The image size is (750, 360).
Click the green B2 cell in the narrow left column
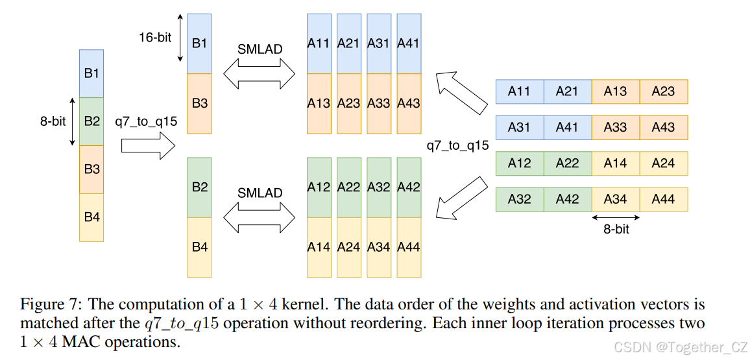[91, 121]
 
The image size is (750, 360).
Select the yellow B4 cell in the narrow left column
[91, 217]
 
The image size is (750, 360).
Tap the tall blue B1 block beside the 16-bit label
[200, 43]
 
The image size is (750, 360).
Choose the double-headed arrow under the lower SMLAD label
[260, 217]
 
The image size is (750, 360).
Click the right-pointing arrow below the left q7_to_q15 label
[149, 145]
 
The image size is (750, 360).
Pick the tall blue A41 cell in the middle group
[408, 43]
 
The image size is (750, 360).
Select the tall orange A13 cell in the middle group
[319, 103]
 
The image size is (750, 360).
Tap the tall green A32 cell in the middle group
[378, 187]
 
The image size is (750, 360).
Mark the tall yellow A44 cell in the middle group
[408, 246]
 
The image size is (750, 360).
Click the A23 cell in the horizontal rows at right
[663, 92]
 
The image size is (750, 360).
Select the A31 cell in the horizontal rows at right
[519, 128]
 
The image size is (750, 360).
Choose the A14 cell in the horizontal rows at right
[615, 163]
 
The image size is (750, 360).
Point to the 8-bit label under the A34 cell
[615, 229]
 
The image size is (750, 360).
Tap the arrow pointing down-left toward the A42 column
[461, 195]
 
